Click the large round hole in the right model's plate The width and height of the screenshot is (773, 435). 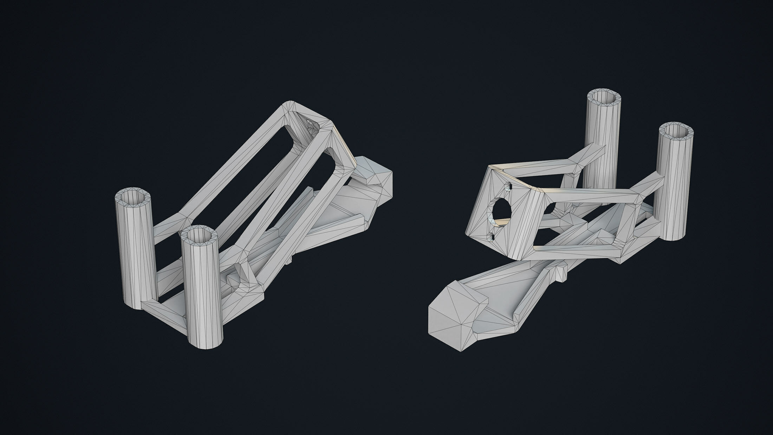(501, 210)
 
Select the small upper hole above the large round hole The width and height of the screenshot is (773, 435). (508, 188)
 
